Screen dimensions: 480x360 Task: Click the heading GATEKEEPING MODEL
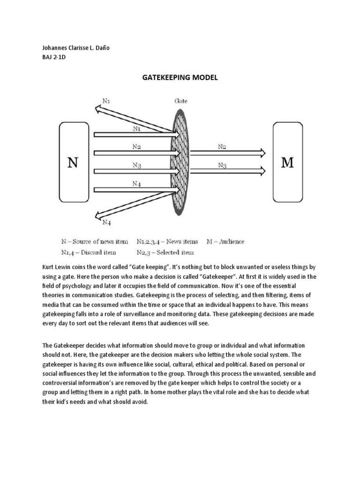pyautogui.click(x=180, y=78)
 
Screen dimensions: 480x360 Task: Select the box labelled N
pyautogui.click(x=73, y=163)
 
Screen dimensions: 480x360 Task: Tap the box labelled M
pyautogui.click(x=287, y=163)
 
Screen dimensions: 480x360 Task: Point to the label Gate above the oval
pyautogui.click(x=181, y=100)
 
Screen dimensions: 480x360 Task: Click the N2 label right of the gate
pyautogui.click(x=223, y=147)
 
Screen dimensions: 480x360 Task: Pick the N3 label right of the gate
pyautogui.click(x=223, y=165)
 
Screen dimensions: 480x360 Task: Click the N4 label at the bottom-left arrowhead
pyautogui.click(x=107, y=222)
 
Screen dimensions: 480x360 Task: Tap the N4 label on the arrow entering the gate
pyautogui.click(x=136, y=184)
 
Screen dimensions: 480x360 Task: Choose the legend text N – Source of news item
pyautogui.click(x=94, y=242)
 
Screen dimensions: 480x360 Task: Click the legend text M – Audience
pyautogui.click(x=225, y=242)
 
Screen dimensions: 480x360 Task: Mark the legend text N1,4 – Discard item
pyautogui.click(x=90, y=253)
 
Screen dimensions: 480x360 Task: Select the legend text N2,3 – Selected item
pyautogui.click(x=165, y=253)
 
